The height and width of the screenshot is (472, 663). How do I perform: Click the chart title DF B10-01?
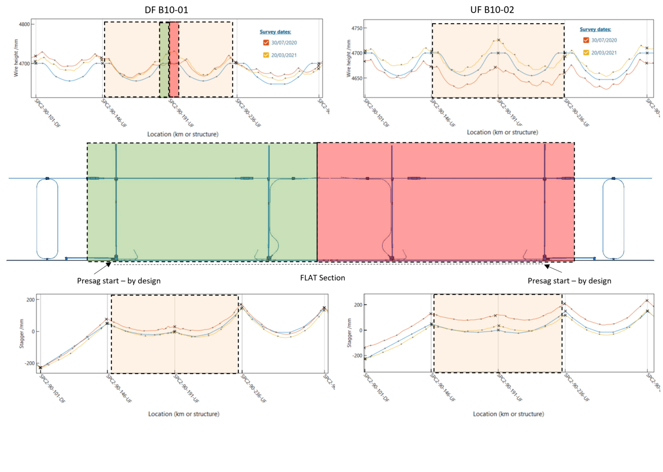tap(166, 10)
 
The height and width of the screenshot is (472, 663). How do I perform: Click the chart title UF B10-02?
tap(492, 10)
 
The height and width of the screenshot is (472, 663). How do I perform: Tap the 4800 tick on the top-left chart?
tap(24, 24)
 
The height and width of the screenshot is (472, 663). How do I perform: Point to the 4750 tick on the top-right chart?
tap(357, 28)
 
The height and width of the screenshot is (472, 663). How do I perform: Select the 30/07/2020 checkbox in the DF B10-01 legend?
tap(266, 43)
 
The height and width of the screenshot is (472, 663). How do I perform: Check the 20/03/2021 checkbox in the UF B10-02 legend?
tap(586, 53)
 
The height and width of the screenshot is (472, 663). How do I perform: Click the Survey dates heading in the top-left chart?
tap(275, 32)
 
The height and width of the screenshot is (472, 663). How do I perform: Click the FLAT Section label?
tap(322, 278)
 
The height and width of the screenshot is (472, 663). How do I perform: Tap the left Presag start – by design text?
tap(119, 281)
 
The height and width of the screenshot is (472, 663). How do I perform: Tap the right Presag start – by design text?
tap(569, 281)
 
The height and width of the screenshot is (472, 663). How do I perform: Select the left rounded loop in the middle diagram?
tap(47, 218)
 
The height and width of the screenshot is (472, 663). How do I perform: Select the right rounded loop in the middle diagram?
tap(613, 218)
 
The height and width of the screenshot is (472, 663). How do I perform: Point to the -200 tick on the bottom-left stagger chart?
tap(29, 363)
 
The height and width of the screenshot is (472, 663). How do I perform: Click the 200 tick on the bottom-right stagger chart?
tap(358, 305)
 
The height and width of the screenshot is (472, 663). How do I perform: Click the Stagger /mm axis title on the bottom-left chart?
tap(22, 334)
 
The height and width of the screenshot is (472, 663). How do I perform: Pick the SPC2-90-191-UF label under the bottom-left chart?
tap(186, 389)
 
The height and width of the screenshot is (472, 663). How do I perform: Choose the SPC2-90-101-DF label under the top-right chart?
tap(376, 113)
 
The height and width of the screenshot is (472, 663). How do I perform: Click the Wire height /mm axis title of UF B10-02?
tap(349, 58)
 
